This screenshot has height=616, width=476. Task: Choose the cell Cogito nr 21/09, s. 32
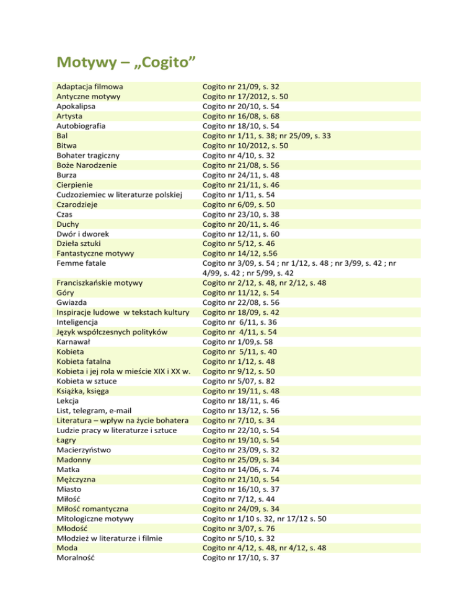(245, 87)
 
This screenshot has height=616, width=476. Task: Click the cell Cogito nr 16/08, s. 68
(245, 116)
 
